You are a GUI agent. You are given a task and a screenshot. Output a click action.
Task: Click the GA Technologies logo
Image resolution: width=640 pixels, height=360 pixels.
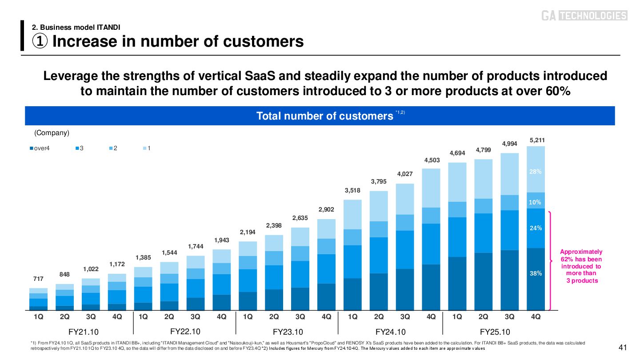point(584,16)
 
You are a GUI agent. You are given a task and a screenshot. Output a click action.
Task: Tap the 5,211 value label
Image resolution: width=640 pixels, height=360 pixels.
point(537,140)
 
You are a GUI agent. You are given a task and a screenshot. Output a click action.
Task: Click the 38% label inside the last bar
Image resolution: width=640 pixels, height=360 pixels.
point(536,274)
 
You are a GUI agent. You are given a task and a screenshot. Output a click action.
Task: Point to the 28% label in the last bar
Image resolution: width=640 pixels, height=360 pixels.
point(536,172)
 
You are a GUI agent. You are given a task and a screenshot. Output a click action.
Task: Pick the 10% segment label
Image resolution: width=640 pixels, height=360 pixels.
point(536,202)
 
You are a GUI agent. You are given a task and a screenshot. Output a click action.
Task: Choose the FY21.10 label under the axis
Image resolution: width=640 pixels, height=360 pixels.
point(83,332)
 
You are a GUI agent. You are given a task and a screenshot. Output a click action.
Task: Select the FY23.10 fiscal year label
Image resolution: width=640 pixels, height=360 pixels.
point(288,332)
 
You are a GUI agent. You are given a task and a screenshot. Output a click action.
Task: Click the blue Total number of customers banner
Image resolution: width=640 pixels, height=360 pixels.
point(320,116)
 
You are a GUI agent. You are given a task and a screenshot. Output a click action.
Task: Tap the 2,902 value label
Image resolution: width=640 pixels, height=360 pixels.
point(326,209)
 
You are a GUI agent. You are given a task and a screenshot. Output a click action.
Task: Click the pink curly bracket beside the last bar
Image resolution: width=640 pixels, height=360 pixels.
point(552,260)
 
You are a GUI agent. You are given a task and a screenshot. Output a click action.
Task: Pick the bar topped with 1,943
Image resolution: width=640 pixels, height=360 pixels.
point(222,279)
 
